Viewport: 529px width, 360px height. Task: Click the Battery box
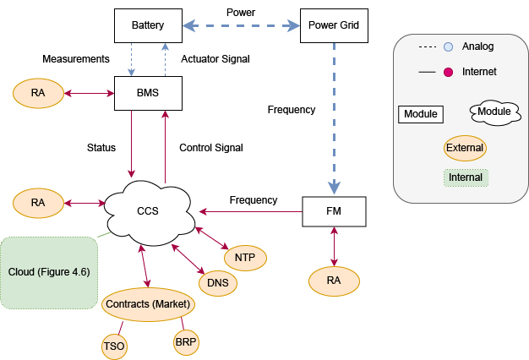[x=148, y=25]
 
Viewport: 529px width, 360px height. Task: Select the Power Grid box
[x=335, y=25]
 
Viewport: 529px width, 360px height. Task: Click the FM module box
[x=335, y=211]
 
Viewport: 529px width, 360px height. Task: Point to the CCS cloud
[x=148, y=210]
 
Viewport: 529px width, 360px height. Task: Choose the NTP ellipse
[x=245, y=257]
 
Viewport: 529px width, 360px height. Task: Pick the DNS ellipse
[x=217, y=283]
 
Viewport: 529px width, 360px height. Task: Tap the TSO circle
[x=114, y=344]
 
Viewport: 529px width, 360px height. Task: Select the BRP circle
[x=186, y=342]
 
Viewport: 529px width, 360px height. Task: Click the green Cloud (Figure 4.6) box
[x=49, y=272]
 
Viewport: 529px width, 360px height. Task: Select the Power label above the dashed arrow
[x=241, y=13]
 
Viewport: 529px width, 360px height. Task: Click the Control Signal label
[x=211, y=148]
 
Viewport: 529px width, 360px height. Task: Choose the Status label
[x=101, y=148]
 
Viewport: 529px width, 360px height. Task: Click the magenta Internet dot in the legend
[x=449, y=72]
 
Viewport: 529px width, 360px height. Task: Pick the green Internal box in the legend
[x=466, y=177]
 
